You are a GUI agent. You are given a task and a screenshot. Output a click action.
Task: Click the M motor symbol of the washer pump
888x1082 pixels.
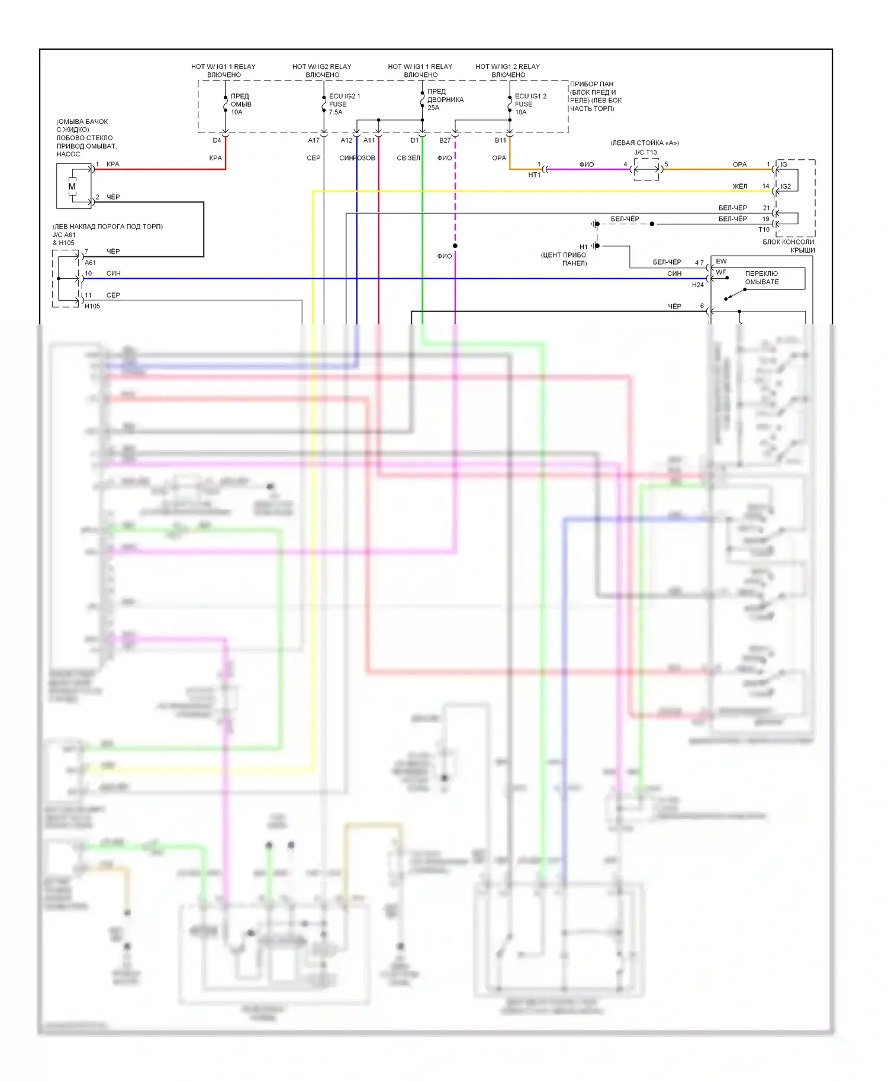coord(72,186)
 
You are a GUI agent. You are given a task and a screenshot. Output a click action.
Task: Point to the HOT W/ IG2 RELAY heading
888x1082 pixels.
coord(321,66)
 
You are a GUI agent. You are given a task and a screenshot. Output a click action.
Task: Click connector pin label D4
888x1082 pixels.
coord(217,140)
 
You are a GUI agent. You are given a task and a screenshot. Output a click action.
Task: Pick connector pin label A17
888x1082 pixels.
coord(314,140)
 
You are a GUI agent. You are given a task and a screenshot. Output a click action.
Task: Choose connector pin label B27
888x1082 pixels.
coord(445,140)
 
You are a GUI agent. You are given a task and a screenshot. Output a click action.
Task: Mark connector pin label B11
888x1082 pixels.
coord(500,140)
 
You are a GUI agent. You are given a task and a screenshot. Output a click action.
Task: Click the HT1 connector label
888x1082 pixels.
coord(534,175)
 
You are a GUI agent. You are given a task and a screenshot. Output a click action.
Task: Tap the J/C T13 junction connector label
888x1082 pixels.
coord(645,152)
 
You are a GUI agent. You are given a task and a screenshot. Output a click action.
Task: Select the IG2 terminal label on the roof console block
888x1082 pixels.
coord(786,186)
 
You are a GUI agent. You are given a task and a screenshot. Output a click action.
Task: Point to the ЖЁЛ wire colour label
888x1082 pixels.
coord(740,186)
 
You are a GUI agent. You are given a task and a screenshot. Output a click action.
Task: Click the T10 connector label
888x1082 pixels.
coord(764,230)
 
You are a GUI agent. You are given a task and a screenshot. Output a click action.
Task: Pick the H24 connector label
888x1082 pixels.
coord(698,285)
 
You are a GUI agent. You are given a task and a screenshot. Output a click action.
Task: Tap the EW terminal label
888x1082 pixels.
coord(721,261)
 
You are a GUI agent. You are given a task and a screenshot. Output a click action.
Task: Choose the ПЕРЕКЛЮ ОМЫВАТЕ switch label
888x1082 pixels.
coord(762,278)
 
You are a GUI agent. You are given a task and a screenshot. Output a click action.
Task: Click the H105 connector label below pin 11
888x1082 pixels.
coord(92,306)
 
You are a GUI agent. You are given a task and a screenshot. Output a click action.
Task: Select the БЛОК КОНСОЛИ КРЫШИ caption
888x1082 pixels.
coord(789,246)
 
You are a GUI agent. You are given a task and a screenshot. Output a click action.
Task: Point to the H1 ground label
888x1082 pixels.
coord(584,247)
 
